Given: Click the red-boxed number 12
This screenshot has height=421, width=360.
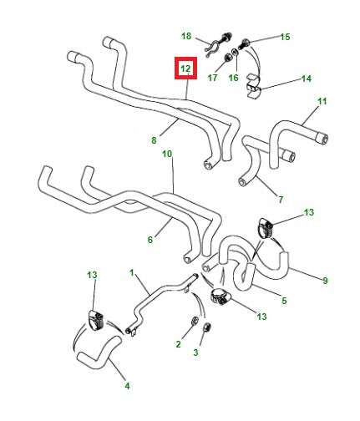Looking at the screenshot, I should (x=185, y=68).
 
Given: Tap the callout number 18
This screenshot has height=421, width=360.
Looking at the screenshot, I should (x=186, y=36).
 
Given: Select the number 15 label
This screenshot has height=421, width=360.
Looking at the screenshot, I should (x=285, y=37).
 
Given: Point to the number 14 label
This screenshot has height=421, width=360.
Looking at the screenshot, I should (x=306, y=79).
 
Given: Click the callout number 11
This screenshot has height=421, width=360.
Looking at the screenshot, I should (x=322, y=102).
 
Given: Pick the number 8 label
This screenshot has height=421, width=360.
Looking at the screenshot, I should (x=154, y=141).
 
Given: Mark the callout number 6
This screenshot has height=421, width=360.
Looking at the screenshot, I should (x=150, y=240).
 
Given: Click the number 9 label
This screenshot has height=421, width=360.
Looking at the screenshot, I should (x=325, y=280).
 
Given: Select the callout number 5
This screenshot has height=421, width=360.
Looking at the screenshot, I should (x=284, y=301).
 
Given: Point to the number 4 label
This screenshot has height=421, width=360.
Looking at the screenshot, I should (x=127, y=386).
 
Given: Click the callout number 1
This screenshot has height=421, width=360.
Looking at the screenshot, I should (x=131, y=273).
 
